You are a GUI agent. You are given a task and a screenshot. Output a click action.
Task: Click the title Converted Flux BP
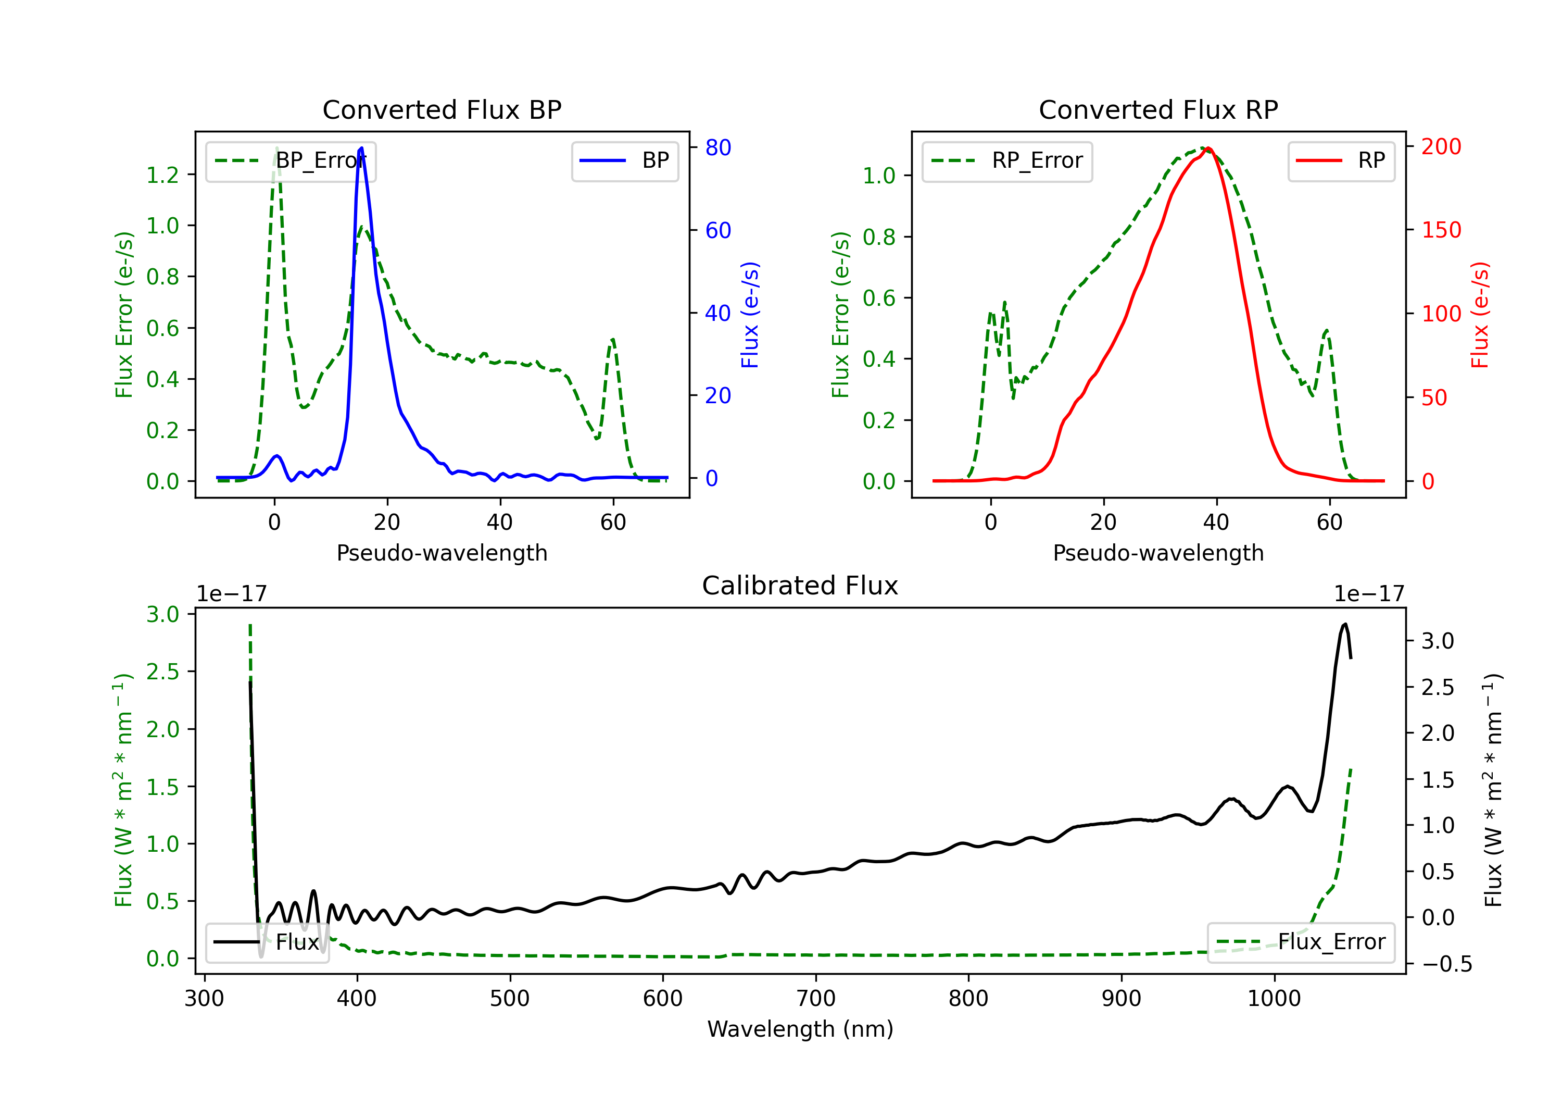pyautogui.click(x=442, y=109)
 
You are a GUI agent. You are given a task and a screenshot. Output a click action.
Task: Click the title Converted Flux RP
pyautogui.click(x=1158, y=109)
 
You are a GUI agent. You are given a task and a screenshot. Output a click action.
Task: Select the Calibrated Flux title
pyautogui.click(x=800, y=586)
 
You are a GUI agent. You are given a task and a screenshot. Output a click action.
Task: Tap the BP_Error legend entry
pyautogui.click(x=291, y=161)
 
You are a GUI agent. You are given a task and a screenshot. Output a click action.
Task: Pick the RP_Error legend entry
pyautogui.click(x=1007, y=161)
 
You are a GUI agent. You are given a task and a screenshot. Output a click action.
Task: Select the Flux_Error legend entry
pyautogui.click(x=1301, y=942)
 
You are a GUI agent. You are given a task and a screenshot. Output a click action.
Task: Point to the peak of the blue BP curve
pyautogui.click(x=361, y=148)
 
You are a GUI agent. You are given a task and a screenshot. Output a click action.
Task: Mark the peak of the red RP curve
pyautogui.click(x=1208, y=148)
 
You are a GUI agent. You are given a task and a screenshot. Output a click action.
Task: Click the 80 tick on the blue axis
pyautogui.click(x=717, y=148)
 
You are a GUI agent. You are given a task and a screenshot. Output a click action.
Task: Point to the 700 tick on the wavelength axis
pyautogui.click(x=816, y=999)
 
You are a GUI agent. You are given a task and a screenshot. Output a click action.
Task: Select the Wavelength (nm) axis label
pyautogui.click(x=800, y=1029)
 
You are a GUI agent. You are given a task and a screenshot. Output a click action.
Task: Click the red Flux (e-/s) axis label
pyautogui.click(x=1480, y=315)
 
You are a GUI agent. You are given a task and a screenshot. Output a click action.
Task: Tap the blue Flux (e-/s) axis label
pyautogui.click(x=750, y=315)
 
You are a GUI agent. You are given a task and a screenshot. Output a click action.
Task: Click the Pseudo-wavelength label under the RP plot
pyautogui.click(x=1158, y=553)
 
